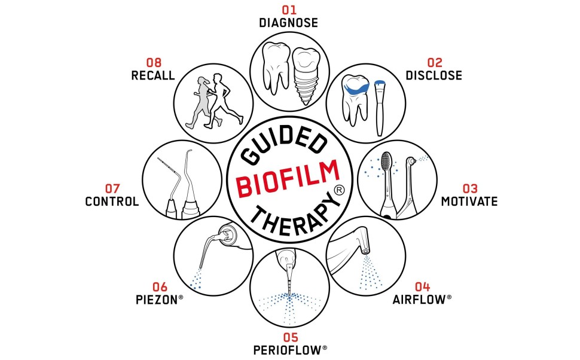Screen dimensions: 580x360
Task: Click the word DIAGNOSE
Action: (x=289, y=23)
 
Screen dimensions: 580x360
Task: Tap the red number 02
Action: (x=435, y=63)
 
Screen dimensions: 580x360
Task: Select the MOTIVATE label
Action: (x=469, y=202)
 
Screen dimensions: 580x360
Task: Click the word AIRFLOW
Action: (x=419, y=300)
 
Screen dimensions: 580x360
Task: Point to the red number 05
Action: (x=291, y=337)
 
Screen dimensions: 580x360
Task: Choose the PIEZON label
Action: (x=157, y=300)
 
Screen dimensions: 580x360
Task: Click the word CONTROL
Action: (x=112, y=202)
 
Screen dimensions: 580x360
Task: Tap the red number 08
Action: (x=154, y=63)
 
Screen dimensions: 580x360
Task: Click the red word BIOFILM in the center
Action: (x=288, y=178)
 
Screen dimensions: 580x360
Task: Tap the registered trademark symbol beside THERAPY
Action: (x=339, y=190)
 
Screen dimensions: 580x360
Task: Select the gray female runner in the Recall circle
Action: (x=200, y=102)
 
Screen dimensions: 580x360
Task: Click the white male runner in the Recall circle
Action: (x=224, y=100)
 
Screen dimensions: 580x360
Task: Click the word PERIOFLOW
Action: (x=288, y=350)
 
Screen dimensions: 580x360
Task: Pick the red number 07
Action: (x=112, y=189)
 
